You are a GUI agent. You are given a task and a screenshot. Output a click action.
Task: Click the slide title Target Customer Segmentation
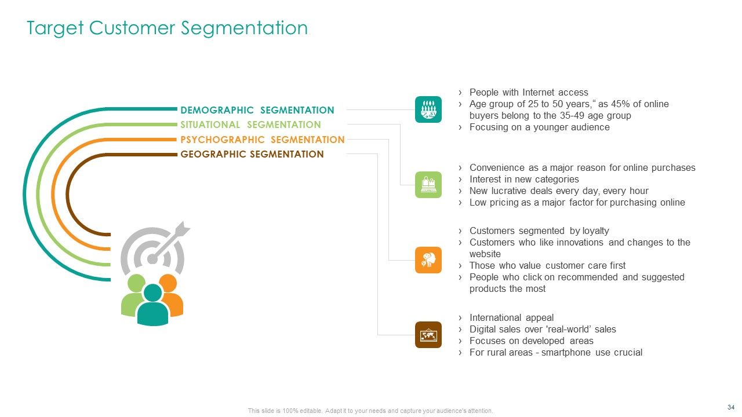tap(167, 28)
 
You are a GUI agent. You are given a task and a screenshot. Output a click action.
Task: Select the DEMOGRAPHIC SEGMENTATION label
tap(257, 110)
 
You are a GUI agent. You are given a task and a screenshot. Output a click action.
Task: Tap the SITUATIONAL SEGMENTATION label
tap(250, 125)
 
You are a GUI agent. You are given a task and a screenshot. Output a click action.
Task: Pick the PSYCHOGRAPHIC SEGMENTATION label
tap(262, 140)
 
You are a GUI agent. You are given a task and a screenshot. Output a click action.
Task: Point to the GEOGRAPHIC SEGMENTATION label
tap(252, 154)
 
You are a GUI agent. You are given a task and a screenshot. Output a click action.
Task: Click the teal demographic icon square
tap(428, 109)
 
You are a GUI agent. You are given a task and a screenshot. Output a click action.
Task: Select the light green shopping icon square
tap(428, 185)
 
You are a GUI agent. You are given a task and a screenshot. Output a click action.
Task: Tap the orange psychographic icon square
tap(428, 260)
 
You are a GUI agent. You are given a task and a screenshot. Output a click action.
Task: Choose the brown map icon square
tap(428, 335)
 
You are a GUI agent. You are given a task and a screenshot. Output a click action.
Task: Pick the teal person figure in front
tap(152, 306)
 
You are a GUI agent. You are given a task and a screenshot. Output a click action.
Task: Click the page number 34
tap(731, 407)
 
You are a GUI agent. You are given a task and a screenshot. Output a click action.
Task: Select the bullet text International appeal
tap(511, 317)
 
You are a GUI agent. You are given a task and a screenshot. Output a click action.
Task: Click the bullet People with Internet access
tap(528, 92)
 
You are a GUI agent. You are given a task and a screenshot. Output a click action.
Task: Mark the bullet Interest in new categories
tap(523, 179)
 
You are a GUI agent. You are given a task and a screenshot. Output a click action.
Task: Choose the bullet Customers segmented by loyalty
tap(539, 231)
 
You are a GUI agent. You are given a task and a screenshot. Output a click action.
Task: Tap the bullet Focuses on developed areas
tap(531, 341)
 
